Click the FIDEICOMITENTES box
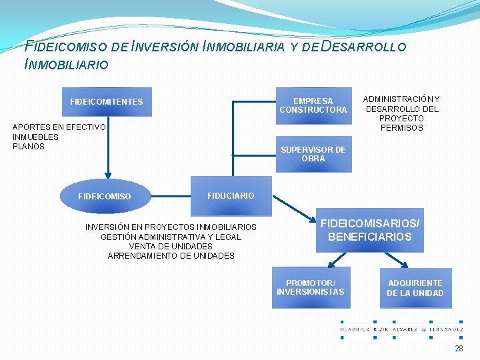point(107,102)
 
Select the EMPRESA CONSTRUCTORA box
point(313,105)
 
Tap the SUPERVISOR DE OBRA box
point(313,155)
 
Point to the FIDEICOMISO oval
point(105,197)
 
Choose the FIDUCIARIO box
point(231,196)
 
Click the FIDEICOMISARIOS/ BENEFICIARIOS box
point(369,231)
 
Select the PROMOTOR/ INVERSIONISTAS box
point(311,287)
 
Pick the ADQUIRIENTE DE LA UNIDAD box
point(415,288)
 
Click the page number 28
point(459,349)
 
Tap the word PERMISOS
point(401,128)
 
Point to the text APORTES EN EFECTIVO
point(59,127)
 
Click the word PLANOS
point(29,147)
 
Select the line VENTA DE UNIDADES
point(171,246)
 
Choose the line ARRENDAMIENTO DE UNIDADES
point(171,255)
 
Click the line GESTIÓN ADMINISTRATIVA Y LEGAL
point(171,237)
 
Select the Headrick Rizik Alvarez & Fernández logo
point(401,329)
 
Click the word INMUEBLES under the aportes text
point(35,137)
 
